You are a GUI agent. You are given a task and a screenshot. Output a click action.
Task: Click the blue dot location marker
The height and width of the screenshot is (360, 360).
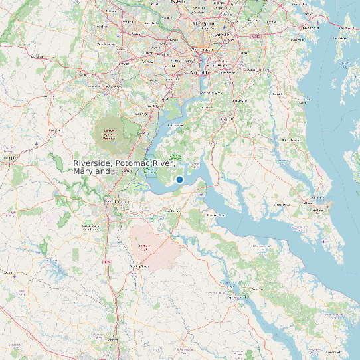(179, 179)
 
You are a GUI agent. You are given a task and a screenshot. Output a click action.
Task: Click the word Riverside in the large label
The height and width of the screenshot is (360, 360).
(92, 163)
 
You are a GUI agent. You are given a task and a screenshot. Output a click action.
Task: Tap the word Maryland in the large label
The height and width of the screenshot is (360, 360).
(92, 171)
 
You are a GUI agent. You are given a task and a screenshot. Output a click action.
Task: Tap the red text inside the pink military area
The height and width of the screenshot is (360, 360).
(143, 247)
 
